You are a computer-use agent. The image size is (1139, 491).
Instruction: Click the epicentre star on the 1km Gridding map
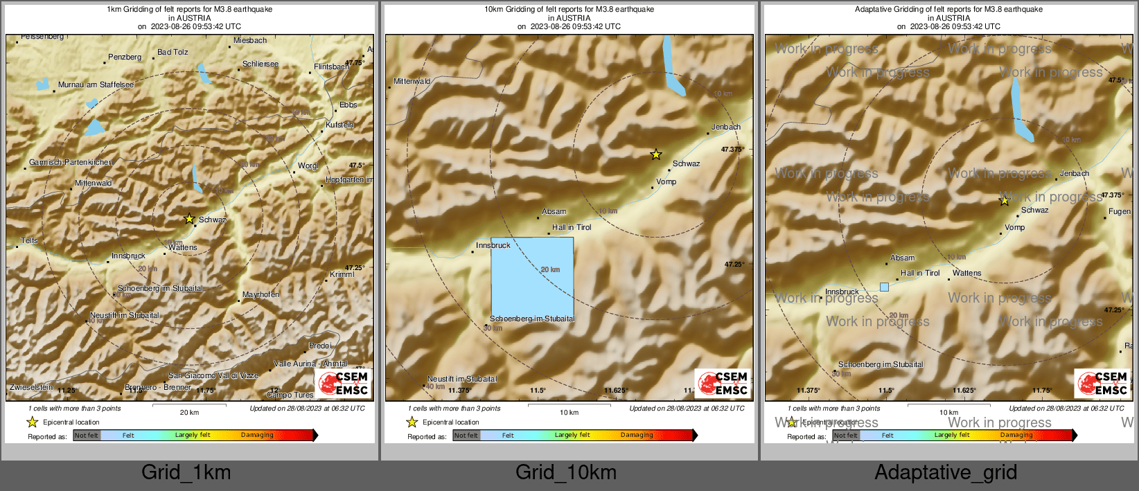pos(189,219)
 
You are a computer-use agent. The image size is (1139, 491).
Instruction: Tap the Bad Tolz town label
pos(173,52)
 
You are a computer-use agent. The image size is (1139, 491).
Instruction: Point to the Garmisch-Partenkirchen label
pos(70,162)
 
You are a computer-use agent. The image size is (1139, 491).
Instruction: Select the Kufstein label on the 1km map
pos(339,125)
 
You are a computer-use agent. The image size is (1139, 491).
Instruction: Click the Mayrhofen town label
pos(261,294)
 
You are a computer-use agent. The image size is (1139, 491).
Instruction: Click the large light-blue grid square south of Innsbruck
pos(532,277)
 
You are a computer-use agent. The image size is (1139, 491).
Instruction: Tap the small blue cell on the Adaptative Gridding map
pos(884,287)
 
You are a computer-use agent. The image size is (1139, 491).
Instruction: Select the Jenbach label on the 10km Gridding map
pos(726,127)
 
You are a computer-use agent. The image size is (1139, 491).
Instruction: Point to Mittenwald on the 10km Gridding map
pos(412,81)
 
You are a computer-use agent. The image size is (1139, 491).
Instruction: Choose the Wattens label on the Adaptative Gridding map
pos(966,273)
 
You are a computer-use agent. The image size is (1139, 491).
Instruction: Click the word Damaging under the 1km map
pos(257,435)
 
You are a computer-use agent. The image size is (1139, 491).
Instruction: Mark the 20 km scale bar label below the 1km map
pos(189,412)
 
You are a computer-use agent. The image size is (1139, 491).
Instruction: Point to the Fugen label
pos(1119,211)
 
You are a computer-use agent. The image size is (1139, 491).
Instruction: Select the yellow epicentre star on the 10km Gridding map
pos(656,154)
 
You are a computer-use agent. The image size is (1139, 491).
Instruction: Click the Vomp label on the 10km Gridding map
pos(666,181)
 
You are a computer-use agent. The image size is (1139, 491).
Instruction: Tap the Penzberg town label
pos(125,57)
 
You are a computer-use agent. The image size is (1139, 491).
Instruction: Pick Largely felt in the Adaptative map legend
pos(951,435)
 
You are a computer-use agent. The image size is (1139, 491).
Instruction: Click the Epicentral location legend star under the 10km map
pos(412,422)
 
